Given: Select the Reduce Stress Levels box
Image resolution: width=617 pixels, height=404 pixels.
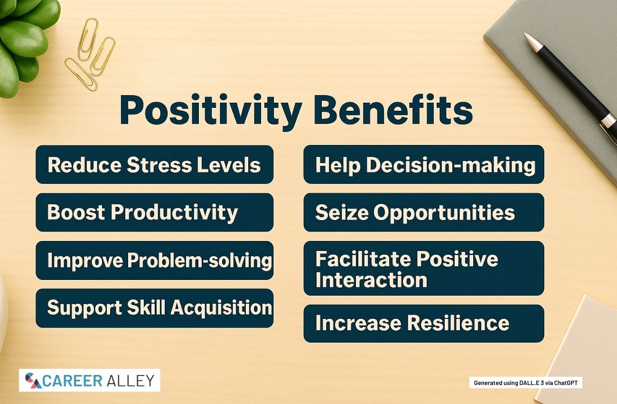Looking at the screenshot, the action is click(155, 164).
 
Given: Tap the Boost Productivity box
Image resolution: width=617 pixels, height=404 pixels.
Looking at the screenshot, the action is click(155, 212).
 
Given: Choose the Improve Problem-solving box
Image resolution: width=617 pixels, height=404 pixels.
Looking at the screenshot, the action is click(155, 260).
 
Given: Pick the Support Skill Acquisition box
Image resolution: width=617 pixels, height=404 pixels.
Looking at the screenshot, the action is click(155, 308).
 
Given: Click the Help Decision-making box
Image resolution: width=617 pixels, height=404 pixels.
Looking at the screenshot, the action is click(424, 164).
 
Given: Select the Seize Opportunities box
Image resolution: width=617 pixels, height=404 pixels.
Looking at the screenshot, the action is click(424, 212).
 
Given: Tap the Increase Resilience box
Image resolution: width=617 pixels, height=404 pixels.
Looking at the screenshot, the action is click(424, 324).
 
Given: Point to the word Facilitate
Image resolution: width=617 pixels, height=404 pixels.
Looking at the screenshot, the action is click(363, 259).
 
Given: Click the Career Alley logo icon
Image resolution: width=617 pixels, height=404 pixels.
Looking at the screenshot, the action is click(33, 381).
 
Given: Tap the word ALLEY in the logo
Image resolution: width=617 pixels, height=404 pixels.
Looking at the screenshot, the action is click(131, 381).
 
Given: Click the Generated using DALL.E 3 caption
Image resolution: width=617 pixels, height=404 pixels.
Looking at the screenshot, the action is click(526, 383).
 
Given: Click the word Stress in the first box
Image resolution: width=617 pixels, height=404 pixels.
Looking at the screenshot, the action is click(159, 165).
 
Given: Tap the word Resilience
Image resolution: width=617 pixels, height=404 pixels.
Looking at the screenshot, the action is click(458, 323).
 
